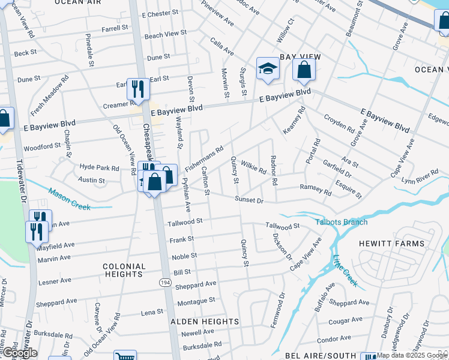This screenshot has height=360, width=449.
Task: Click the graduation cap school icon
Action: click(268, 70)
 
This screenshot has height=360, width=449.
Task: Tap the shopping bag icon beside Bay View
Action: click(304, 70)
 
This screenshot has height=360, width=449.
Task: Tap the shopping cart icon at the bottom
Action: click(124, 355)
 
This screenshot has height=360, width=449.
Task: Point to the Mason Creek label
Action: click(69, 200)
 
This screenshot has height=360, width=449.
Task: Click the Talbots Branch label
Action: click(342, 222)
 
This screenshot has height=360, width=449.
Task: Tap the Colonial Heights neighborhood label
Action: click(124, 270)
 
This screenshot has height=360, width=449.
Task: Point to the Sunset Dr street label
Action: click(249, 199)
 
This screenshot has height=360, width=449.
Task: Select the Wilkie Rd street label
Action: click(253, 166)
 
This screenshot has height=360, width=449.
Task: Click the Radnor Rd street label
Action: click(273, 170)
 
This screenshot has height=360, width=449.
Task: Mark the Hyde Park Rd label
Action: click(100, 167)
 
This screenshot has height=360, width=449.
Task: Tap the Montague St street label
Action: click(196, 300)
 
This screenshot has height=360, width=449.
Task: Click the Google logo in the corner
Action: click(20, 353)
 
